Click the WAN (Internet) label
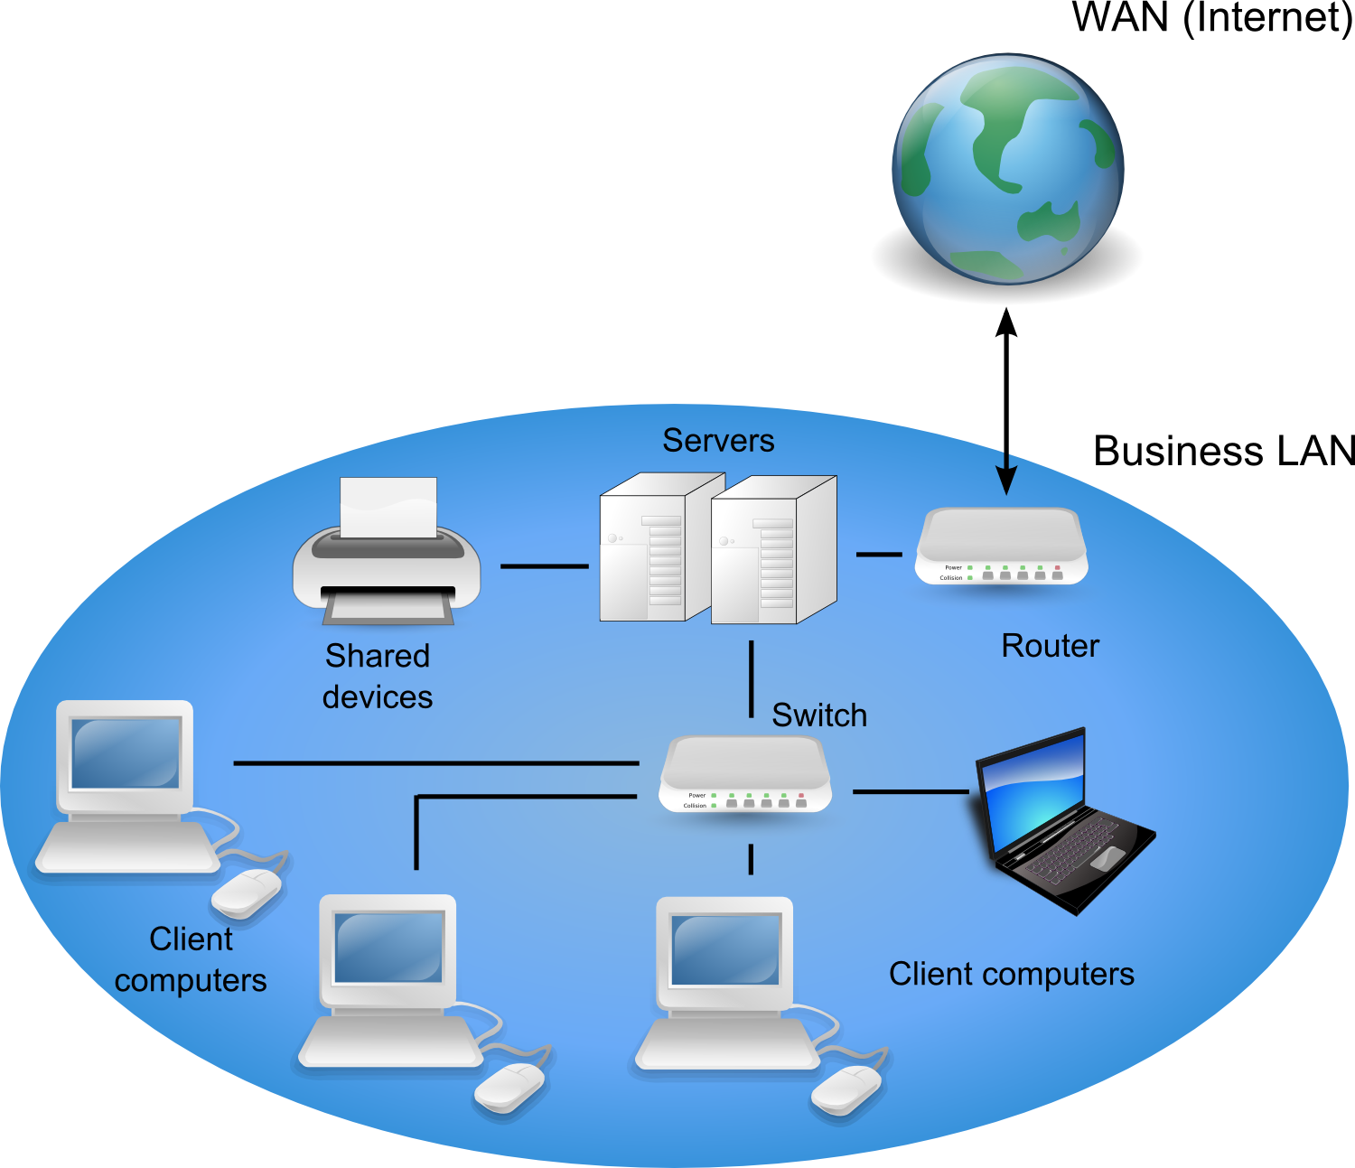1211,18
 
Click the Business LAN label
1224,451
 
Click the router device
1001,547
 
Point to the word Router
1050,646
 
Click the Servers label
718,441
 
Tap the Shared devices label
378,676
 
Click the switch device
745,774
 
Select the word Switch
819,715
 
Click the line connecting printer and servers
544,566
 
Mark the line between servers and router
878,554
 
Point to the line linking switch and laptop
910,792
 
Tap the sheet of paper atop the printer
388,506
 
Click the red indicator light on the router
1057,567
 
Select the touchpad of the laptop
1107,858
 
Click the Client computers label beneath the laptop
1011,974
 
